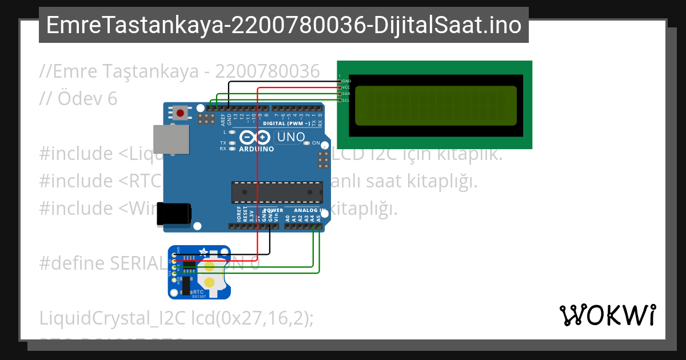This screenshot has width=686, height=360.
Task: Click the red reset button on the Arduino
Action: (x=181, y=113)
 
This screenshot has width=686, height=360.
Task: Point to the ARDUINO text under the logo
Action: (x=257, y=149)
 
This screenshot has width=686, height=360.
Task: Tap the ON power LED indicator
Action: (x=308, y=143)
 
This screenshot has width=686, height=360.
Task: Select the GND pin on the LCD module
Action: (x=340, y=81)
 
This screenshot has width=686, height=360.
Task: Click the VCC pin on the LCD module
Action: (x=340, y=87)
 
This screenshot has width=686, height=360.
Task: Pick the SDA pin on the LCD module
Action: (x=340, y=94)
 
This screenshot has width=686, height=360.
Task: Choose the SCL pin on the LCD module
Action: (x=340, y=100)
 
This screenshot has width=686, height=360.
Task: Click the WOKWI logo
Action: (x=607, y=315)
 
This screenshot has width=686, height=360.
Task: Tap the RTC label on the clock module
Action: (x=199, y=291)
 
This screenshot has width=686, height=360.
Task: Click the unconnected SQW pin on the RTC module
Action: (x=174, y=279)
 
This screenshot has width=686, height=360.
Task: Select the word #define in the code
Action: (x=72, y=263)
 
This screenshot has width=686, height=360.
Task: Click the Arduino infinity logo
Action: (x=254, y=137)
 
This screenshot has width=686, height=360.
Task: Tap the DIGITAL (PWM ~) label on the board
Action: (x=286, y=123)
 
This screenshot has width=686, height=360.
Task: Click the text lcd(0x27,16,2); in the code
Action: (x=252, y=318)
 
